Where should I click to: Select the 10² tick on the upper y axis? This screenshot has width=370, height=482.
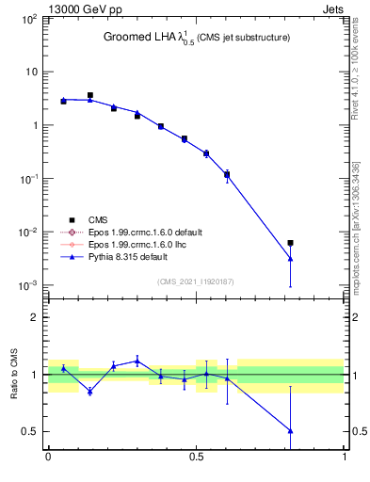28,19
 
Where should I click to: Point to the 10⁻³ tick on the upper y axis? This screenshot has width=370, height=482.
28,285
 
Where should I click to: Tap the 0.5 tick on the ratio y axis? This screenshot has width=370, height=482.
30,431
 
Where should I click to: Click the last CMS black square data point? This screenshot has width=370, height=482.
291,243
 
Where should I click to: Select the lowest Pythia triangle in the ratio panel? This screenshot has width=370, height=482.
291,430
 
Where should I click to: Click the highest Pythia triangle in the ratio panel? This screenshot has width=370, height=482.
137,361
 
